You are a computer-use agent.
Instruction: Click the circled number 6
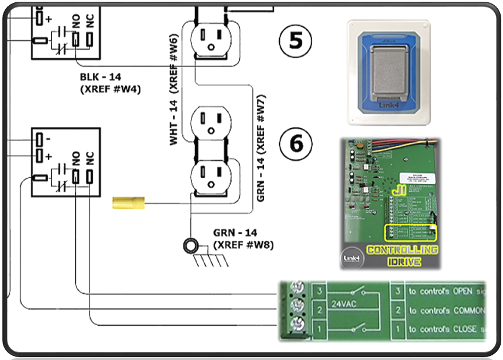click(296, 143)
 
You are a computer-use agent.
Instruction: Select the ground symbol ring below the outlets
click(189, 245)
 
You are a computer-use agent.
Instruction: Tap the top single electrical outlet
click(211, 37)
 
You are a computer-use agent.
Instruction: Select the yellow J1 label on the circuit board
click(399, 190)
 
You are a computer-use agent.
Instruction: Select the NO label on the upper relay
click(75, 23)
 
